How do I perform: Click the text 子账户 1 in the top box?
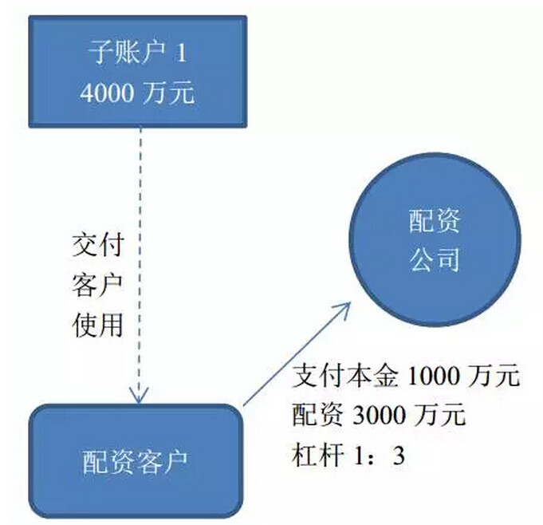click(137, 53)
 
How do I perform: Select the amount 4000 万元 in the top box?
click(137, 93)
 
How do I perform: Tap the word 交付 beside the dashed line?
click(97, 245)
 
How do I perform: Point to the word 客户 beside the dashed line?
click(97, 286)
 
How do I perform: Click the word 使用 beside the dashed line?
click(97, 326)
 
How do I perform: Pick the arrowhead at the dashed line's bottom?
click(139, 396)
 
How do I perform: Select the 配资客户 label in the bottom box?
click(135, 462)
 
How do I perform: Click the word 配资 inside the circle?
click(435, 220)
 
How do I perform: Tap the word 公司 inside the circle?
click(435, 259)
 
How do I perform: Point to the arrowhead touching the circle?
click(343, 308)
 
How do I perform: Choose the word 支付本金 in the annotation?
click(344, 376)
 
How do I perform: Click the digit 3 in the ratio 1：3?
click(399, 456)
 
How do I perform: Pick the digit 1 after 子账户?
click(181, 53)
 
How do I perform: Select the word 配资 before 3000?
click(318, 415)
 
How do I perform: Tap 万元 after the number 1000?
click(494, 376)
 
